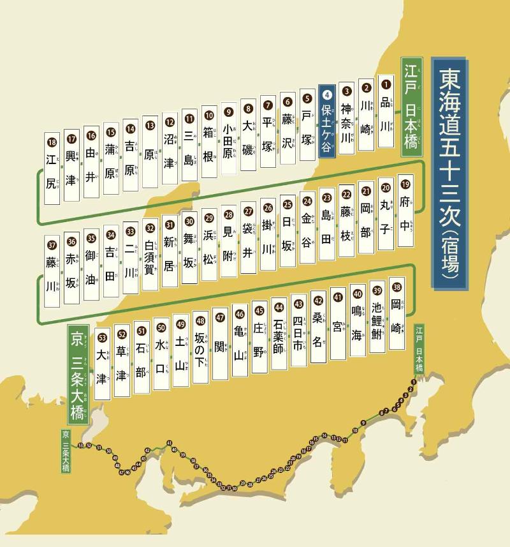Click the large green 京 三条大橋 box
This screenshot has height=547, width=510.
click(x=76, y=374)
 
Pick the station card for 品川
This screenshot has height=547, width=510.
click(x=386, y=111)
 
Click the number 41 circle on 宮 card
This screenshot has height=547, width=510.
click(x=337, y=297)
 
